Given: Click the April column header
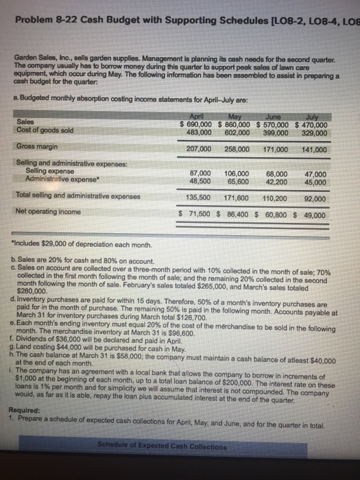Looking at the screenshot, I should (196, 117).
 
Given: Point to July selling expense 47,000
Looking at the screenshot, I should (313, 174).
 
